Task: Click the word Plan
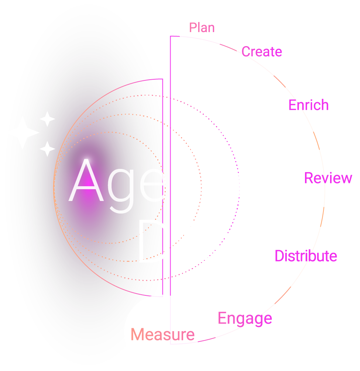point(202,28)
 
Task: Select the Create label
point(261,52)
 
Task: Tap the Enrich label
point(308,105)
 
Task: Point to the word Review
point(328,178)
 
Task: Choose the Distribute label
point(306,256)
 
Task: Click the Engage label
point(245,319)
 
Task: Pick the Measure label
point(162,334)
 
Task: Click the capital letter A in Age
point(86,181)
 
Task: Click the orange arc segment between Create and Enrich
point(280,81)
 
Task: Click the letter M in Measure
point(138,334)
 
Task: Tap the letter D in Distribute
point(279,256)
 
